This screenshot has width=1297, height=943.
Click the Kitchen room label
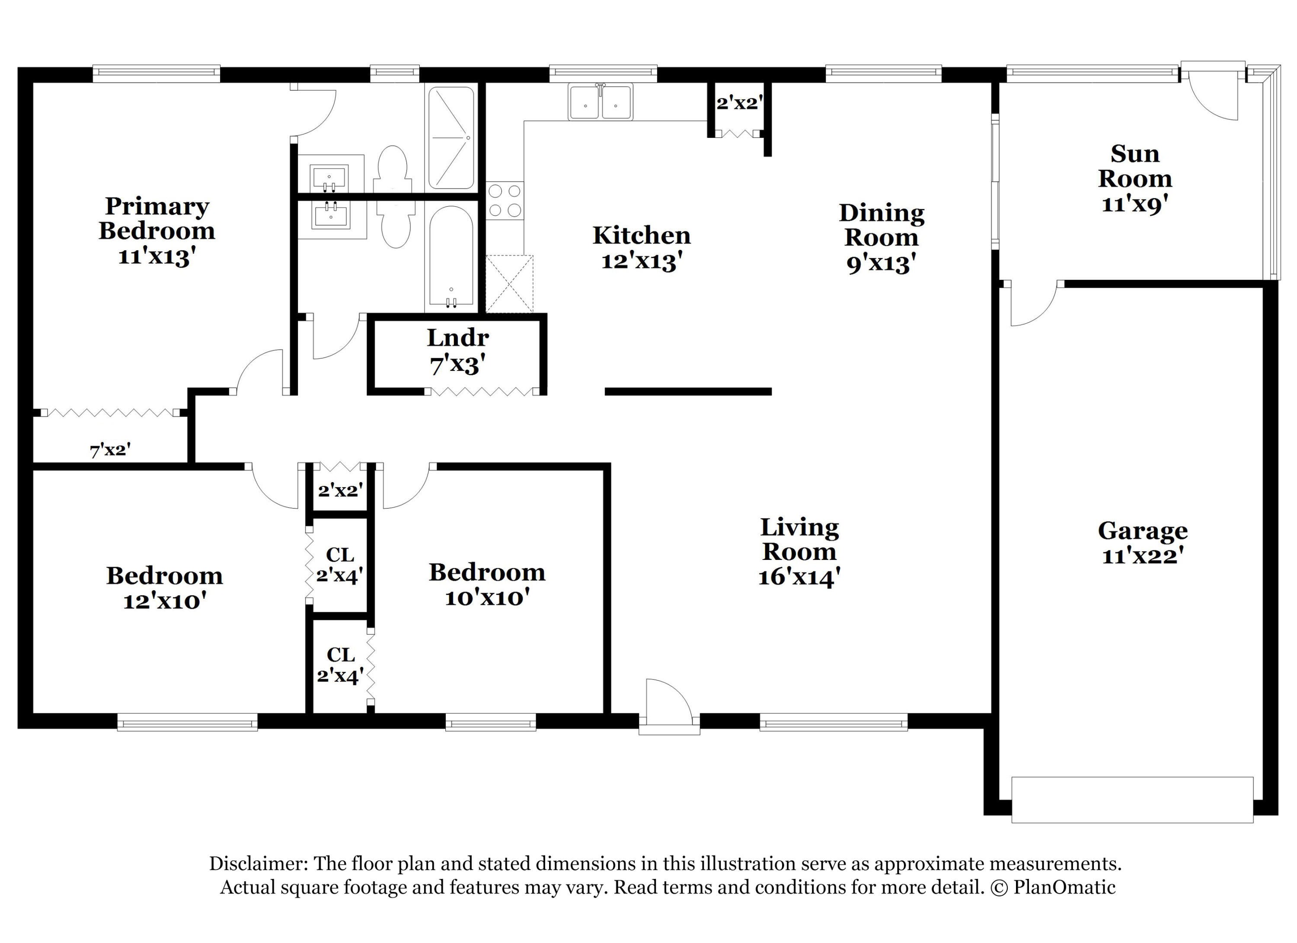[642, 235]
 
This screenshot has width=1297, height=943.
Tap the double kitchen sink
[601, 102]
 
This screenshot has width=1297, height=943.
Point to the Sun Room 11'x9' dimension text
[1134, 204]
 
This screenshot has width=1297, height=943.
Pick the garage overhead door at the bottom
[1132, 799]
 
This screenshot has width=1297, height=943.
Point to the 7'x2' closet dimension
[110, 450]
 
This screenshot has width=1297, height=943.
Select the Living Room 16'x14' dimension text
[799, 578]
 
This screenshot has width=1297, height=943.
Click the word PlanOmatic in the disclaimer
[1064, 887]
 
